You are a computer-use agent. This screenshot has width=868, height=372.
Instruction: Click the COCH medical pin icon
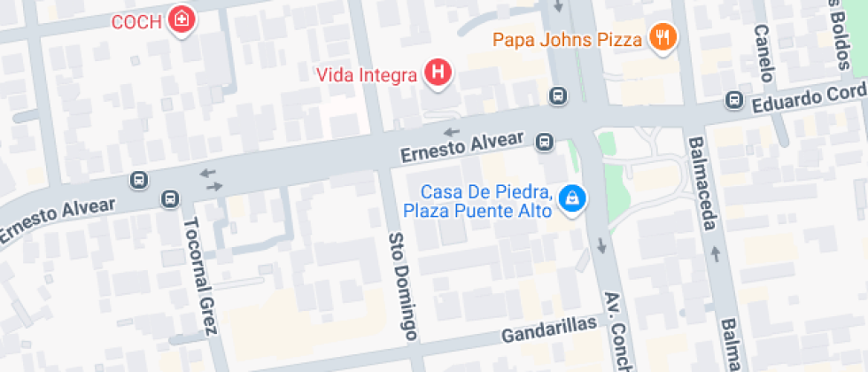182,19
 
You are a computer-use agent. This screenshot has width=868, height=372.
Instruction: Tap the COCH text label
136,22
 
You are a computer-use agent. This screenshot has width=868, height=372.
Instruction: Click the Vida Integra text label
366,75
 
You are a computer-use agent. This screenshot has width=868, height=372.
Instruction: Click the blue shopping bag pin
573,199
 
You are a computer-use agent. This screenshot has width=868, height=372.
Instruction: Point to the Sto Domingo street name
403,285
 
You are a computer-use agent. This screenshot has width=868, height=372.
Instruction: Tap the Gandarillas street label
549,331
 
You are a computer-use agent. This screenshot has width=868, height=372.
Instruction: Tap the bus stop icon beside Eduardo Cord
733,100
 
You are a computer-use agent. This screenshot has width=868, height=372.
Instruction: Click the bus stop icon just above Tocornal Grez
169,198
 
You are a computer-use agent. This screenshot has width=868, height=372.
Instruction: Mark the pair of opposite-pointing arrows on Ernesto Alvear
212,180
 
